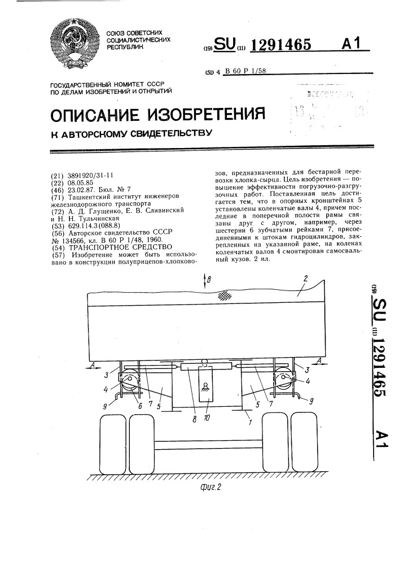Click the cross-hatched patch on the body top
click(x=225, y=294)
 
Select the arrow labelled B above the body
click(x=207, y=280)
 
